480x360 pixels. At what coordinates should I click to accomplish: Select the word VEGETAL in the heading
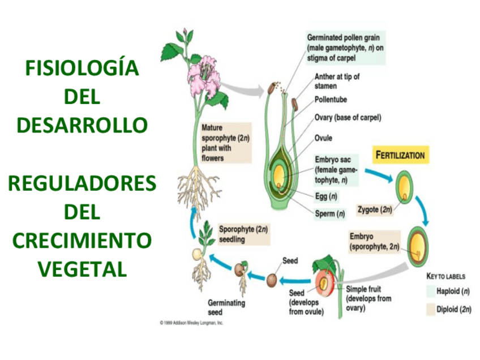tap(82, 269)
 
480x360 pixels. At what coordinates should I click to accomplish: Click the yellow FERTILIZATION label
tap(400, 155)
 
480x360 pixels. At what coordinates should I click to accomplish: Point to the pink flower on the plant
tap(203, 79)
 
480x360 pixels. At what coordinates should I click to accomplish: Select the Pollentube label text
tap(331, 100)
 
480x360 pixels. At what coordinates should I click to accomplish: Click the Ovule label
tap(323, 138)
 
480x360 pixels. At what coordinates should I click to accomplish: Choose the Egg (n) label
tap(326, 196)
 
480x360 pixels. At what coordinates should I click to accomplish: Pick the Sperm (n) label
tap(330, 214)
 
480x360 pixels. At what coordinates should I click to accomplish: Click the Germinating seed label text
tap(226, 307)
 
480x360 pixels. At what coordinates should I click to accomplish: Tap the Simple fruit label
tap(368, 298)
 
